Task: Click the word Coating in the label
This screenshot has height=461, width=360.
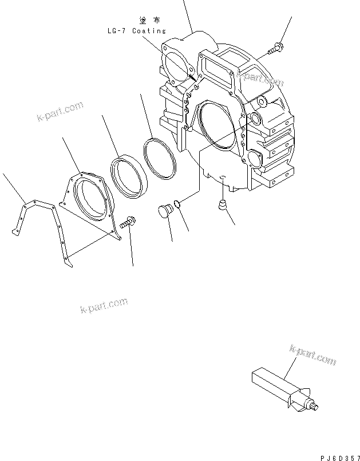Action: click(149, 31)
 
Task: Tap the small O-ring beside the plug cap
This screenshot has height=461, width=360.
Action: click(179, 204)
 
